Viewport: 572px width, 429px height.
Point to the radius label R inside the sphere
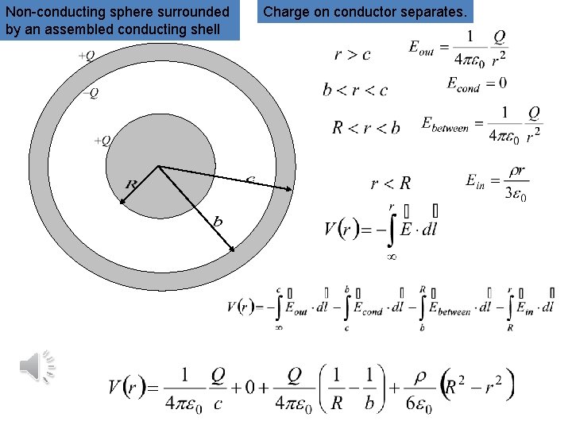[132, 184]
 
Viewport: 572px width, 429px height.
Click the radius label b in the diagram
[217, 222]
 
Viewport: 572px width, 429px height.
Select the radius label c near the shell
[250, 180]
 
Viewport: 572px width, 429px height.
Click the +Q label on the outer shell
[87, 56]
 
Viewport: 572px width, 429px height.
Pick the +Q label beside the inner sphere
[102, 141]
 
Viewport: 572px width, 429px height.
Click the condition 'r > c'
[352, 55]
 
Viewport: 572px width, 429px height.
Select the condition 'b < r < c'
[355, 90]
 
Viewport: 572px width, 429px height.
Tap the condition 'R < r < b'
[365, 127]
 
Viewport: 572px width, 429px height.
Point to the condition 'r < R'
[391, 184]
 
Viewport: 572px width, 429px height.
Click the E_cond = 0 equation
[477, 83]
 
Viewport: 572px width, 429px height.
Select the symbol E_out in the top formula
[424, 48]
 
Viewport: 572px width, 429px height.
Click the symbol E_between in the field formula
[445, 125]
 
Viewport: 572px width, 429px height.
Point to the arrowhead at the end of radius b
[234, 250]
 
